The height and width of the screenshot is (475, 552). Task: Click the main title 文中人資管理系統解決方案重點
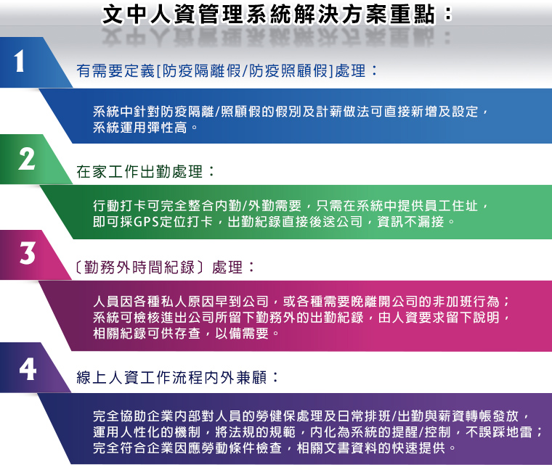click(x=269, y=15)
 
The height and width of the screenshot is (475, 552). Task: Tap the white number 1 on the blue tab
click(x=19, y=61)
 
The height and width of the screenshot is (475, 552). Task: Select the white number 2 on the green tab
click(x=27, y=160)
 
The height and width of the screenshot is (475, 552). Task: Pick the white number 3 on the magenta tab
click(x=28, y=253)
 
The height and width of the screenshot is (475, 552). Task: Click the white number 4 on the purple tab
click(x=28, y=369)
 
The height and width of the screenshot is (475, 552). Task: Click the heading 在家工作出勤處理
click(x=139, y=172)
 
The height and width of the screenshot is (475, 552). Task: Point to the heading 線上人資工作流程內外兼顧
click(x=172, y=378)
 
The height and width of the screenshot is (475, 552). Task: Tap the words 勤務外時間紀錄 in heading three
click(x=139, y=268)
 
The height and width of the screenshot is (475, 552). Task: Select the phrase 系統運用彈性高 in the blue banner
click(x=139, y=128)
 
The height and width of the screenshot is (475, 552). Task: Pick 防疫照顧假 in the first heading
click(x=288, y=70)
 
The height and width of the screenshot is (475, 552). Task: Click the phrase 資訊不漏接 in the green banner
click(x=410, y=222)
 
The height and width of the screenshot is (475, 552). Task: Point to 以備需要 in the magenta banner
click(x=242, y=334)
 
